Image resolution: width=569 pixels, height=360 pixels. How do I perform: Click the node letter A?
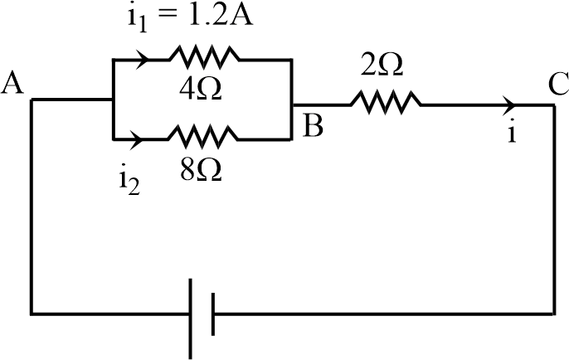12,82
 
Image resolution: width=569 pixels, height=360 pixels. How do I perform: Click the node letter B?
313,126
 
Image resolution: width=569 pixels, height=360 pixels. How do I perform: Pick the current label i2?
128,180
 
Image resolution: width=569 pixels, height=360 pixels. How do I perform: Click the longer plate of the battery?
192,314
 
